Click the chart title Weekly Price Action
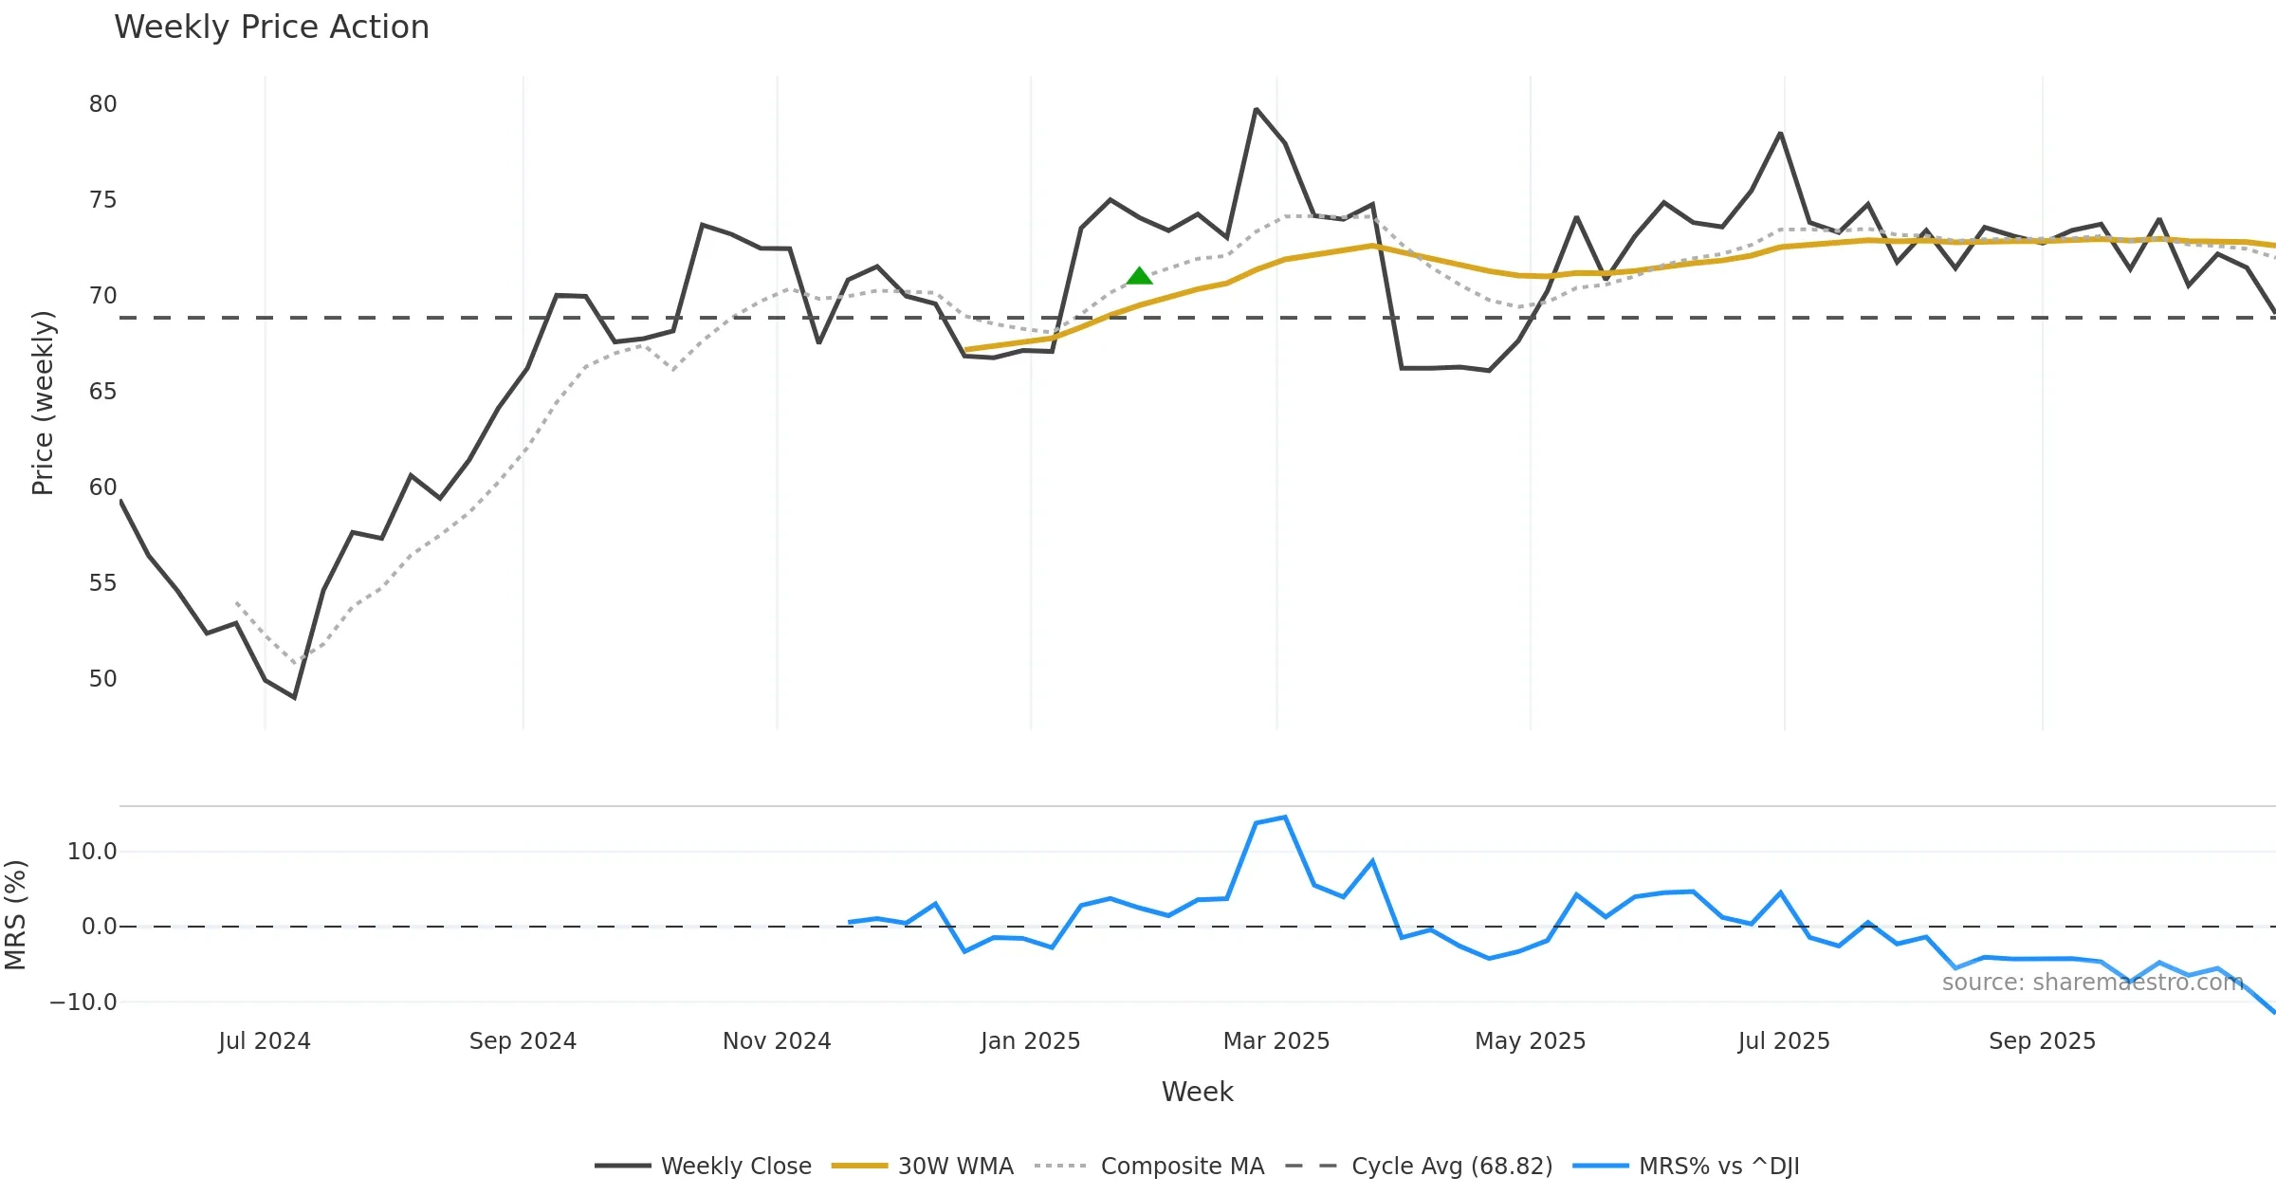point(271,28)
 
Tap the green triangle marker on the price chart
point(1139,276)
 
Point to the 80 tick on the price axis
point(102,104)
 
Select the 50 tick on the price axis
point(102,679)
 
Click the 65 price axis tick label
point(102,392)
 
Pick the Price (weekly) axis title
point(43,403)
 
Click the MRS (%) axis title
point(16,914)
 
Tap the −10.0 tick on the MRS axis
point(83,1002)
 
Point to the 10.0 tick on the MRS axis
point(92,852)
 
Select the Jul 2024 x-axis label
point(265,1041)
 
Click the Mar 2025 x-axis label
point(1276,1041)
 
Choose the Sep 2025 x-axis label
point(2042,1041)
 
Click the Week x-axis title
point(1197,1093)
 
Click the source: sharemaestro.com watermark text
point(2092,983)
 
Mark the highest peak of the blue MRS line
point(1285,818)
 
